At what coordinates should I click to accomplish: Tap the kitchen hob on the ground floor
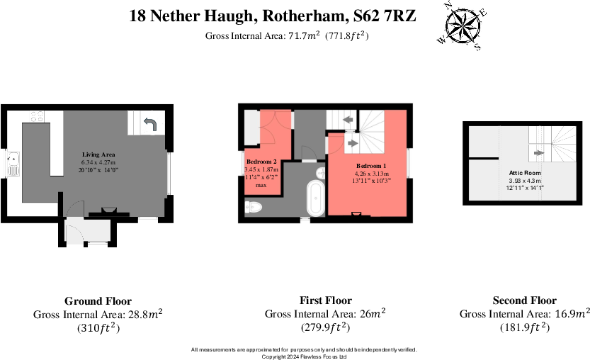(x=37, y=116)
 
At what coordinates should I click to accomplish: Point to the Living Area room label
(x=98, y=154)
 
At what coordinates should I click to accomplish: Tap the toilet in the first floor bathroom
(x=253, y=206)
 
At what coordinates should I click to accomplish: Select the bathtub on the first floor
(x=315, y=199)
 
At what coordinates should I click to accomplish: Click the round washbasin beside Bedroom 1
(x=321, y=172)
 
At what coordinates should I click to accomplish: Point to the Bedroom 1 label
(x=372, y=164)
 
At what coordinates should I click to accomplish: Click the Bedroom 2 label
(x=261, y=162)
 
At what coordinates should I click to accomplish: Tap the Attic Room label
(x=525, y=172)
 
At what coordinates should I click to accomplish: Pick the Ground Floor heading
(x=98, y=300)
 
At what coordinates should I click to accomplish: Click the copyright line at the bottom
(x=304, y=356)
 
